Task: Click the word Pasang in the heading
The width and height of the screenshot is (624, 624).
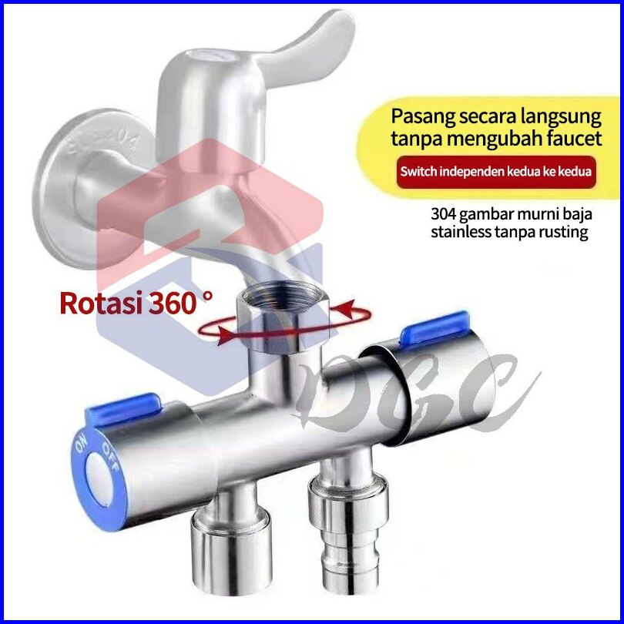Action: click(x=421, y=118)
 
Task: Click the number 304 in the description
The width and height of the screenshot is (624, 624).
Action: click(x=445, y=215)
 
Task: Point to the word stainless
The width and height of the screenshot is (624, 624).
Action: click(x=462, y=232)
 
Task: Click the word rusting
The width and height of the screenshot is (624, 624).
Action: click(x=564, y=232)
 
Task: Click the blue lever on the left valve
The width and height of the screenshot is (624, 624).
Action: click(x=123, y=408)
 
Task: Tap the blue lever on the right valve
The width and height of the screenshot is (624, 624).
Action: click(x=434, y=327)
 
